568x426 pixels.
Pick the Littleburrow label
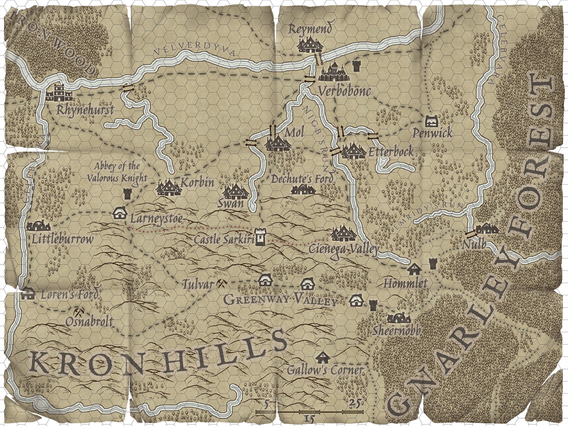pos(63,239)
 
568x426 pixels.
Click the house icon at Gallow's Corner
pos(323,358)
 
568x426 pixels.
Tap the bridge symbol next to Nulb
pos(470,234)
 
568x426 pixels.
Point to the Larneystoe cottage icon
pos(120,213)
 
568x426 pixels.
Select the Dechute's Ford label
pos(302,179)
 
